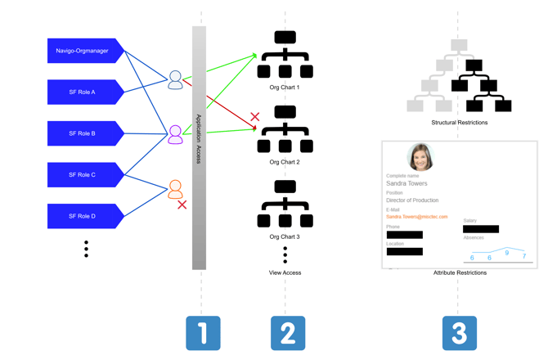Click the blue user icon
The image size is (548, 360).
[x=175, y=79]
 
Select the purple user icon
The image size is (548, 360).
[x=175, y=134]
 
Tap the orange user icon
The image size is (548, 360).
[x=175, y=190]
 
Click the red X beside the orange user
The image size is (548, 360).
[x=182, y=205]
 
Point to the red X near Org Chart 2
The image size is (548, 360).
[x=254, y=117]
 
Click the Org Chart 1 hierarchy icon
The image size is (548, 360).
[x=285, y=55]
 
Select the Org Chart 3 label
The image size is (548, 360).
[x=285, y=237]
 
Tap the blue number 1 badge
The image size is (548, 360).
[x=203, y=333]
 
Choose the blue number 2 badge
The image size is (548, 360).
[x=288, y=333]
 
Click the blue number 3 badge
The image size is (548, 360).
[x=460, y=333]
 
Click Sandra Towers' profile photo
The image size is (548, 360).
[x=420, y=157]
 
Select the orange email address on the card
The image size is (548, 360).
[x=416, y=217]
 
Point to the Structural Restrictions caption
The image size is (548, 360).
[x=459, y=123]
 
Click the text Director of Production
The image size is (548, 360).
[x=412, y=200]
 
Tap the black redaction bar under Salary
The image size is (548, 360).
[x=480, y=229]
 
